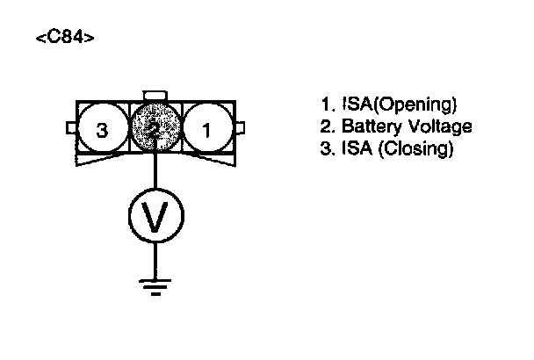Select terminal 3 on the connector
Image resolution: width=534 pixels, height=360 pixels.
[103, 131]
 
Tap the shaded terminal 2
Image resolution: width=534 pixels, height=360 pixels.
[155, 130]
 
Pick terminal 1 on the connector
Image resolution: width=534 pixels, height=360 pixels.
[208, 131]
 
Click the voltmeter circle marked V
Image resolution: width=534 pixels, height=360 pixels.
[155, 215]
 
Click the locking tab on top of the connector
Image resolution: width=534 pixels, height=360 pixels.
[155, 95]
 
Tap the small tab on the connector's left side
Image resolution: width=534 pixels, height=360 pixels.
[71, 129]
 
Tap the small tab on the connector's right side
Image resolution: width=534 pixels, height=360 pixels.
[240, 129]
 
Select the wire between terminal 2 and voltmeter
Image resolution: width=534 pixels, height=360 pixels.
[155, 172]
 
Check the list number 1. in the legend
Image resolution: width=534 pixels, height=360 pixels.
[325, 105]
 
